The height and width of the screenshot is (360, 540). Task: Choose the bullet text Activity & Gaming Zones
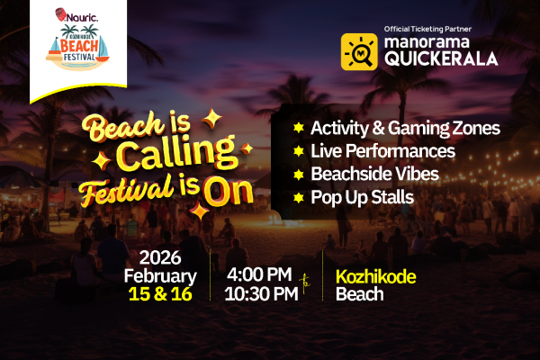(404, 128)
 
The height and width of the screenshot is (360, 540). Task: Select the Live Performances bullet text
(382, 150)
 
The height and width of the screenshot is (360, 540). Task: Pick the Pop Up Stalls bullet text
(361, 194)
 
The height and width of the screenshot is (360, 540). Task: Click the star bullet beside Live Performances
(298, 150)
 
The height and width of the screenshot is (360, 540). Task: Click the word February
(160, 275)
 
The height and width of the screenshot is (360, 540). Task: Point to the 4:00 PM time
(261, 274)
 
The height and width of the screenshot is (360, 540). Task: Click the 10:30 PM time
(261, 294)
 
